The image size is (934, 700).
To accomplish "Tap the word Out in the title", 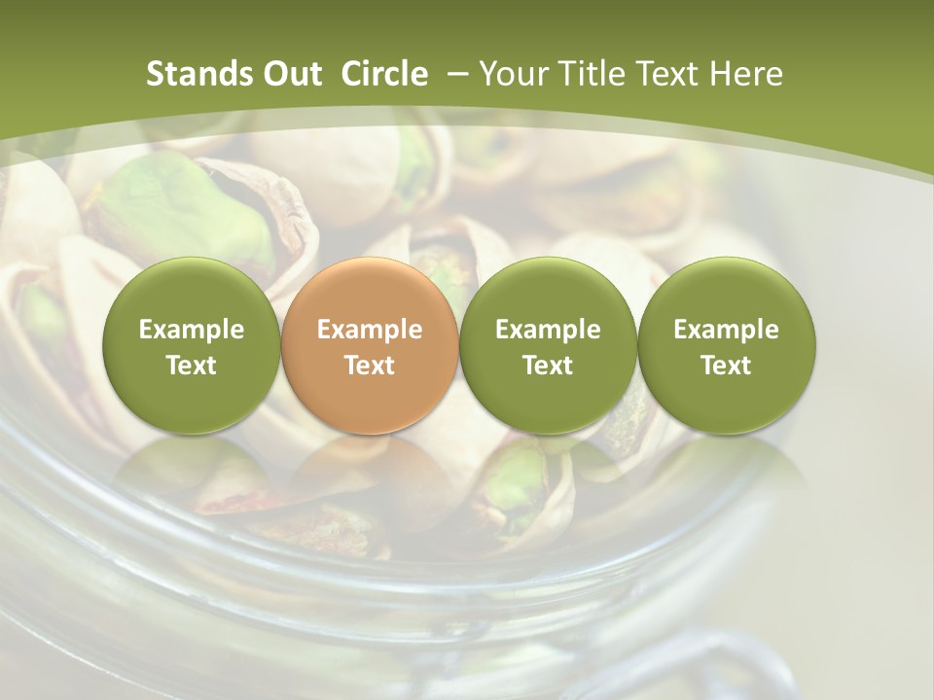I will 289,74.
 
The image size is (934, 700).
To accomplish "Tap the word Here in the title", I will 747,74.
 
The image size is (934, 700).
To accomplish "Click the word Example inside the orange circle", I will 370,330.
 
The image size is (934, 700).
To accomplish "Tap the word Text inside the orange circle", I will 370,366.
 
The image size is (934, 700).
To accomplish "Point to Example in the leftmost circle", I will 192,330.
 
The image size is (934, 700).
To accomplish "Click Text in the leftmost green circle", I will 192,366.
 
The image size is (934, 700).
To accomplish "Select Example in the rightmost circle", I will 726,330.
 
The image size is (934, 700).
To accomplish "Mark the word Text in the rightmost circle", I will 726,366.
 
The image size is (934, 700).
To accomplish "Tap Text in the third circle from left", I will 548,366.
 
